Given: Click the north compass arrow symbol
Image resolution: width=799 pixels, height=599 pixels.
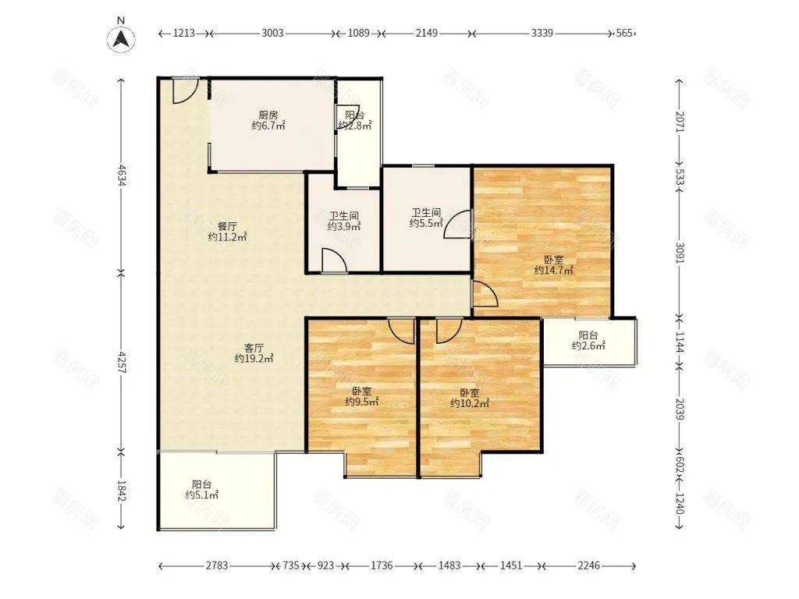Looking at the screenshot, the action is [121, 39].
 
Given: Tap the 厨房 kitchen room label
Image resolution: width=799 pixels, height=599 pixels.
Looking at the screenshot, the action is [268, 120].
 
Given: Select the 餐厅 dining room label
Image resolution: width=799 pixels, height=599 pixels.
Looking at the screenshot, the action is [227, 232].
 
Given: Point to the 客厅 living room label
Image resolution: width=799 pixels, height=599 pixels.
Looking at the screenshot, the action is [254, 353].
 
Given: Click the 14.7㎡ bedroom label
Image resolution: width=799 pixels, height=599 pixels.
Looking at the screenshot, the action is [553, 265].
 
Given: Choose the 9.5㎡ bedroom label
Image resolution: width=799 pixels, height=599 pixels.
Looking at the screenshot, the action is [362, 396].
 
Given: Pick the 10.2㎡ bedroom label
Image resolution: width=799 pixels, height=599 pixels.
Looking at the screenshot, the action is [470, 398].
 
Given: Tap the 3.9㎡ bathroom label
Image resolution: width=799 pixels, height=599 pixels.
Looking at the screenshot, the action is [344, 222].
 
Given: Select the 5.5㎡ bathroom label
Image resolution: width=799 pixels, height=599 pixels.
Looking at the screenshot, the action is [426, 218].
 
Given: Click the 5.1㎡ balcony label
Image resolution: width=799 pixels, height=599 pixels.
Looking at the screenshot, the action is [202, 490].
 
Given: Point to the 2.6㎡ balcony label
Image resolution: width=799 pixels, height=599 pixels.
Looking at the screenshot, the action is [588, 340].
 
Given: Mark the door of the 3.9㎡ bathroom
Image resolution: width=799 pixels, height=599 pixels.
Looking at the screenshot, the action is [334, 261].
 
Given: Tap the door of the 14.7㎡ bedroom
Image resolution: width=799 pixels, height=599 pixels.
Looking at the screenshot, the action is [486, 294].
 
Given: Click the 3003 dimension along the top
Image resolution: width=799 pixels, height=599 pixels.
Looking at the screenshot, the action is [272, 33].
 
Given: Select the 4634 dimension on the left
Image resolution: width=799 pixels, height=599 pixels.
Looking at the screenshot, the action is [121, 174].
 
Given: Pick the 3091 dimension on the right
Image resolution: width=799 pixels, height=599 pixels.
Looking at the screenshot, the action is [680, 252].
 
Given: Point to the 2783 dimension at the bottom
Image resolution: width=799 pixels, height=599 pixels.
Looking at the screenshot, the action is [217, 565].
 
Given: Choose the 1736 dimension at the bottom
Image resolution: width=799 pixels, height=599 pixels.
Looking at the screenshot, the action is [382, 565].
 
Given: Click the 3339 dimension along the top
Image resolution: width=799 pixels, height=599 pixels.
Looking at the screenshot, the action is [542, 33].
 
